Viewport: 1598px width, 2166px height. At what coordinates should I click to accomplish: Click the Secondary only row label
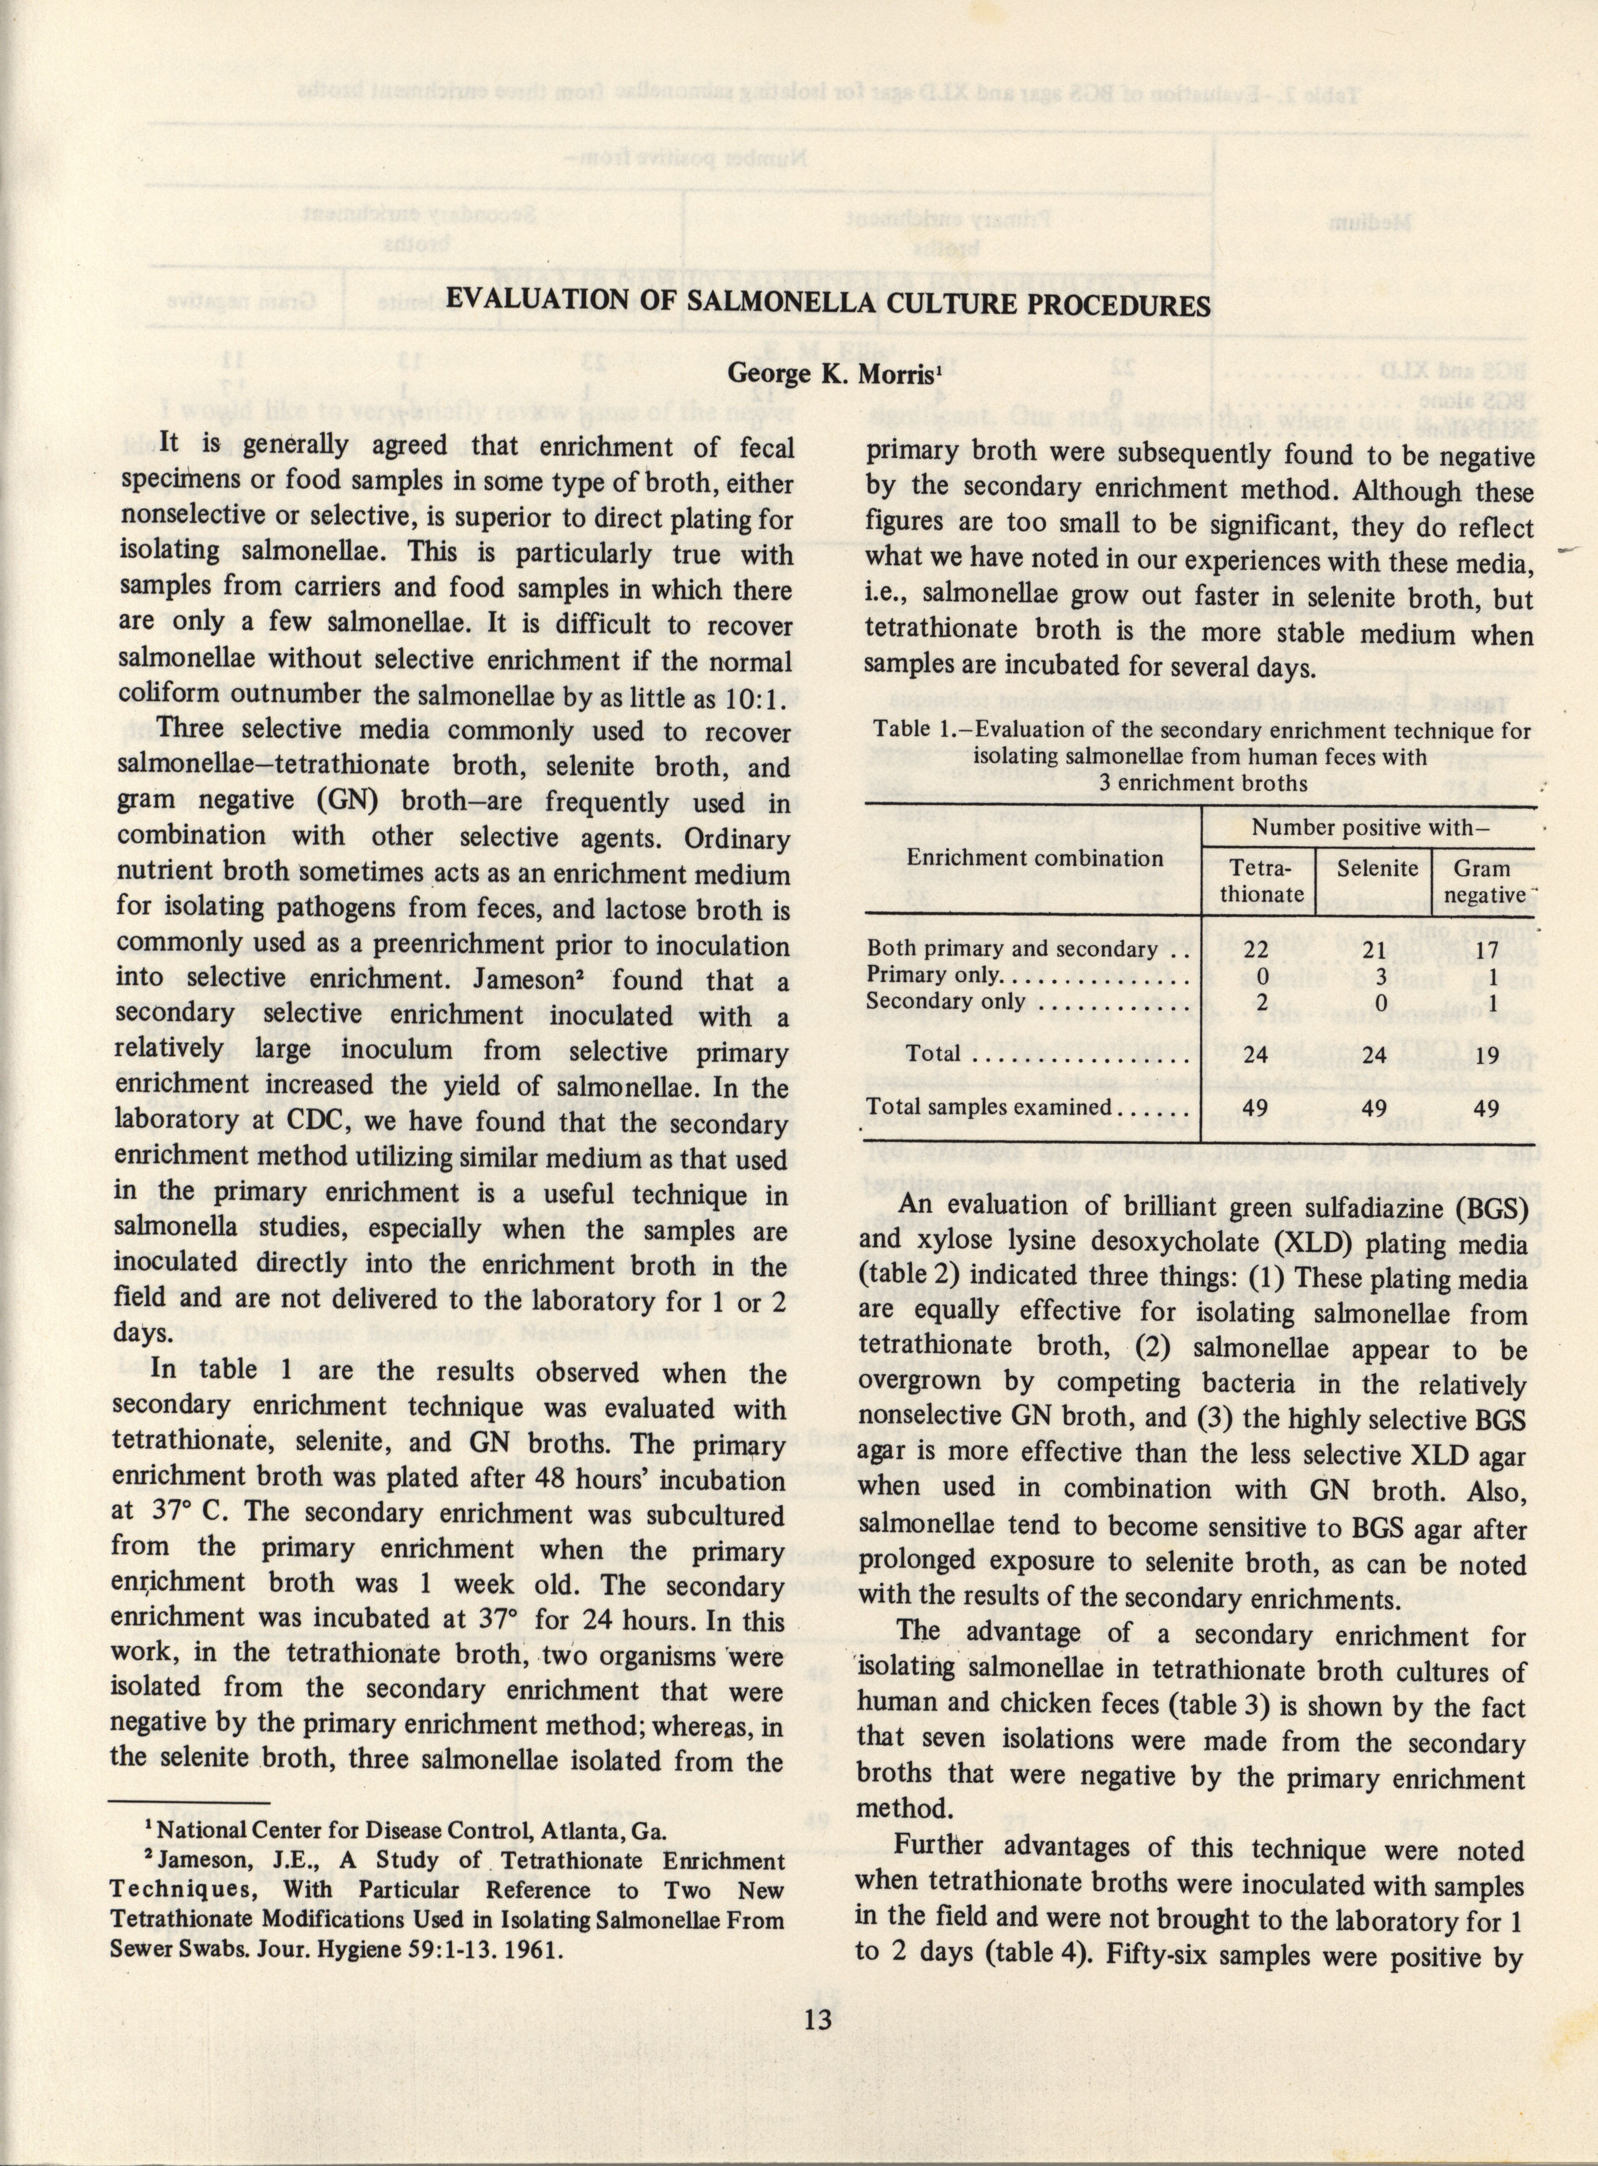[x=944, y=1001]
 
